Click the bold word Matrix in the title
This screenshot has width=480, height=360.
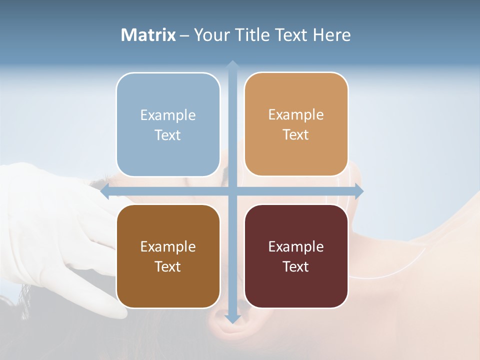click(x=148, y=35)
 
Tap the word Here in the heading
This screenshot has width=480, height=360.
click(x=331, y=35)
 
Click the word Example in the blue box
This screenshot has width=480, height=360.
click(x=168, y=115)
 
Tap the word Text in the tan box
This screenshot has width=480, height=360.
click(x=296, y=135)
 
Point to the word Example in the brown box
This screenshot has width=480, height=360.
click(x=168, y=246)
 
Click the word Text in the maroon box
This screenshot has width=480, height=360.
click(x=296, y=266)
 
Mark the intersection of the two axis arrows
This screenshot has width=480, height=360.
click(x=232, y=191)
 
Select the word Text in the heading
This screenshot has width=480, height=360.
click(x=292, y=35)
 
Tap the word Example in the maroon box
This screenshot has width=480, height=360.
click(x=296, y=246)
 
